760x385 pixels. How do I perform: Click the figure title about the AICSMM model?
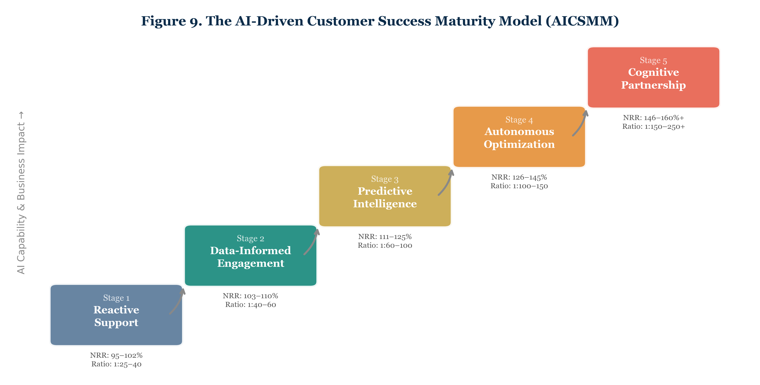[380, 21]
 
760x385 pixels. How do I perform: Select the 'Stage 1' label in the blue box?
[116, 298]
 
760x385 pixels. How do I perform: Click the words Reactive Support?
[116, 316]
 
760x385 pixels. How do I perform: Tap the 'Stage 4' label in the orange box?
[519, 120]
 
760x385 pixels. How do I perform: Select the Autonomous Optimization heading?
[519, 138]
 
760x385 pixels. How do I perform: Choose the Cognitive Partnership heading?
[653, 78]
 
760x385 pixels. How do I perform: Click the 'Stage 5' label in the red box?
[653, 60]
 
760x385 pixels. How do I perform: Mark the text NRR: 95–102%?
[116, 355]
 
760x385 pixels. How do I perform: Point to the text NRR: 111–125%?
[385, 237]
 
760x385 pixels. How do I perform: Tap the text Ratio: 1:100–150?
[519, 186]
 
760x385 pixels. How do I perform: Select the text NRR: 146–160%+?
[653, 118]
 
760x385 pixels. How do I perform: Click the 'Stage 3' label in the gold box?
[385, 179]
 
